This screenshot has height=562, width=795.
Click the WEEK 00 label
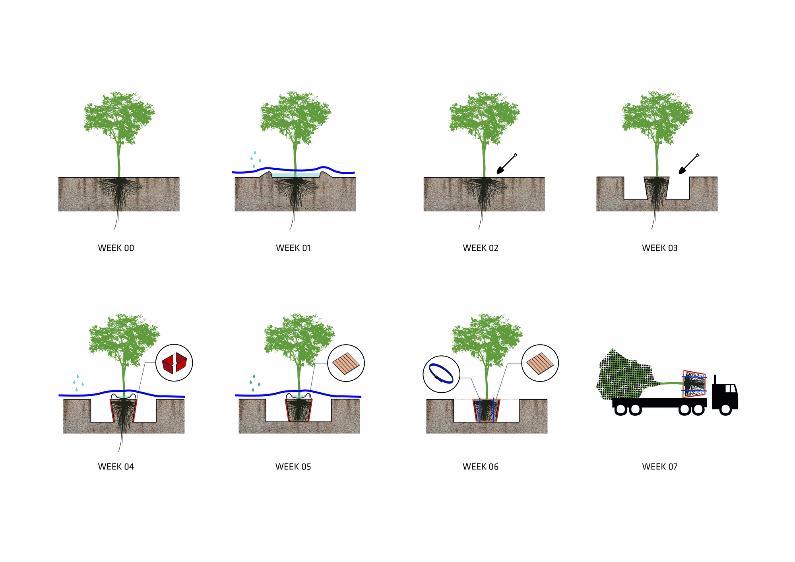coord(116,248)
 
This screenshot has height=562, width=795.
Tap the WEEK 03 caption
coord(659,248)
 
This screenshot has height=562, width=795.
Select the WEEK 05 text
coord(293,467)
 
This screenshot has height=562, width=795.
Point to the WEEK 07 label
coord(659,467)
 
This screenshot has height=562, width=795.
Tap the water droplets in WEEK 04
coord(78,383)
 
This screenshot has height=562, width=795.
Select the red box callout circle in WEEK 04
coord(174,363)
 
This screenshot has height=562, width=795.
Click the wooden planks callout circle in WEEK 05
coord(346,363)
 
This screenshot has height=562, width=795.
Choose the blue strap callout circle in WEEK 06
coord(441,374)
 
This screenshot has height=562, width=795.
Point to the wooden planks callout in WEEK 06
coord(540,363)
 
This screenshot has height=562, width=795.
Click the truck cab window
coord(731,389)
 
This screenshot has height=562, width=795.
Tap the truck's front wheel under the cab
coord(725,409)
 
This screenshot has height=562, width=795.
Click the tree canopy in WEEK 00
coord(119,117)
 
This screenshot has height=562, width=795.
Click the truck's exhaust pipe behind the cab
coord(715,380)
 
